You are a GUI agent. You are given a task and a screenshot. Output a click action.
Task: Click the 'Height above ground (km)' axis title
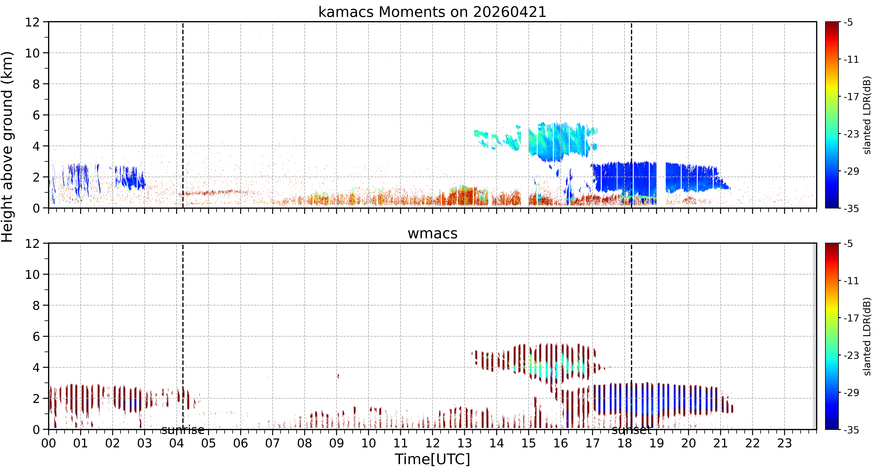7,147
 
